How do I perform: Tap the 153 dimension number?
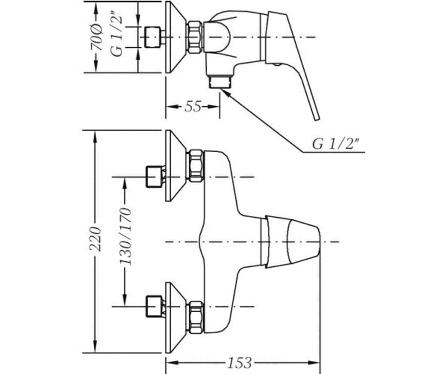click(x=239, y=363)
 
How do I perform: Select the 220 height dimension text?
click(x=95, y=239)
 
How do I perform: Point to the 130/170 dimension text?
click(x=125, y=236)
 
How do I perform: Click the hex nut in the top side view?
click(x=195, y=37)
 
